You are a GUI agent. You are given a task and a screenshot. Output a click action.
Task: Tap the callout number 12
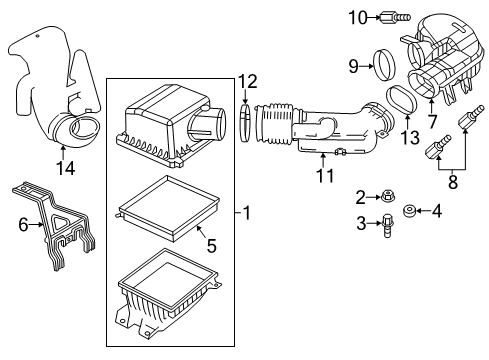[x=248, y=80]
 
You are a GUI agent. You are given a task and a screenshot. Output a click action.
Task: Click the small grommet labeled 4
[x=408, y=212]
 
